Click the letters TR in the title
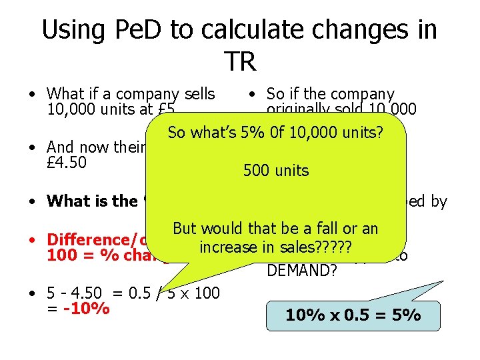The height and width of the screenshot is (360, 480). coord(240,61)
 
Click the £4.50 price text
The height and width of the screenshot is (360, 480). coord(67,163)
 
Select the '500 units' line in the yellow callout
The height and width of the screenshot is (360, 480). coord(276,171)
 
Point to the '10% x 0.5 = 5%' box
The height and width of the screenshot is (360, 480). coord(353,315)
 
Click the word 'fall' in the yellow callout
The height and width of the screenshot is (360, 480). coord(328,229)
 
